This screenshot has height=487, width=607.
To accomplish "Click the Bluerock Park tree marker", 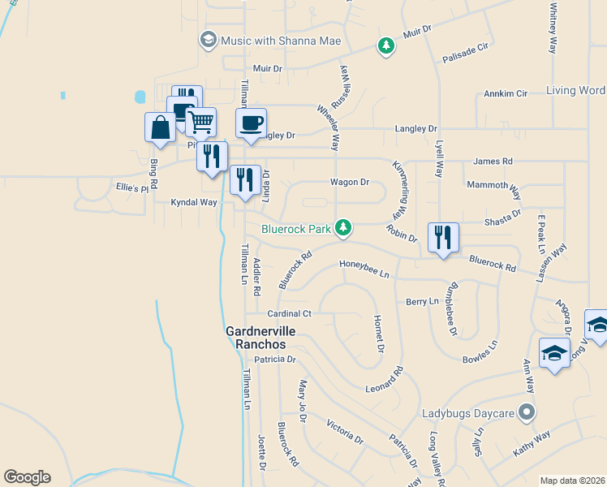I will pyautogui.click(x=343, y=229).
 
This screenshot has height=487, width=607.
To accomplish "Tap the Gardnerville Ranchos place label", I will pyautogui.click(x=260, y=338).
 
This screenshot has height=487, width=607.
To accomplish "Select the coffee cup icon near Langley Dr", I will pyautogui.click(x=251, y=123).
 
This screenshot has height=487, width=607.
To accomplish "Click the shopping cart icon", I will pyautogui.click(x=200, y=123).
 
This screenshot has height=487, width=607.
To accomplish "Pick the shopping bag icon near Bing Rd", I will pyautogui.click(x=160, y=127).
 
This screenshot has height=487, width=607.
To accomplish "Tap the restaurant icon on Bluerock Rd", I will pyautogui.click(x=443, y=238).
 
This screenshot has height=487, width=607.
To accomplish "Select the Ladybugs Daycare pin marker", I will pyautogui.click(x=527, y=413).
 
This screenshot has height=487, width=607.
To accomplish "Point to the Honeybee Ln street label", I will pyautogui.click(x=364, y=274).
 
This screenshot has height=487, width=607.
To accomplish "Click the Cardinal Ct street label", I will pyautogui.click(x=290, y=313).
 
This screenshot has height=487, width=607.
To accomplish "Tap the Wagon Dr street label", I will pyautogui.click(x=350, y=183).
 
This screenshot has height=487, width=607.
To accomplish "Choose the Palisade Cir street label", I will pyautogui.click(x=466, y=54).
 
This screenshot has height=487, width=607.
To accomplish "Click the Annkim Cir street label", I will pyautogui.click(x=506, y=93).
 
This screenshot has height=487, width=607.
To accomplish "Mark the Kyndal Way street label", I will pyautogui.click(x=193, y=201).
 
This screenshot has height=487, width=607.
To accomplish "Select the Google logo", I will pyautogui.click(x=27, y=477).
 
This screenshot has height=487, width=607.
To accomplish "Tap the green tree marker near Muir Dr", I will pyautogui.click(x=387, y=45).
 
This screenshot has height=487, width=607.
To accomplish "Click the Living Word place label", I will pyautogui.click(x=575, y=90).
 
